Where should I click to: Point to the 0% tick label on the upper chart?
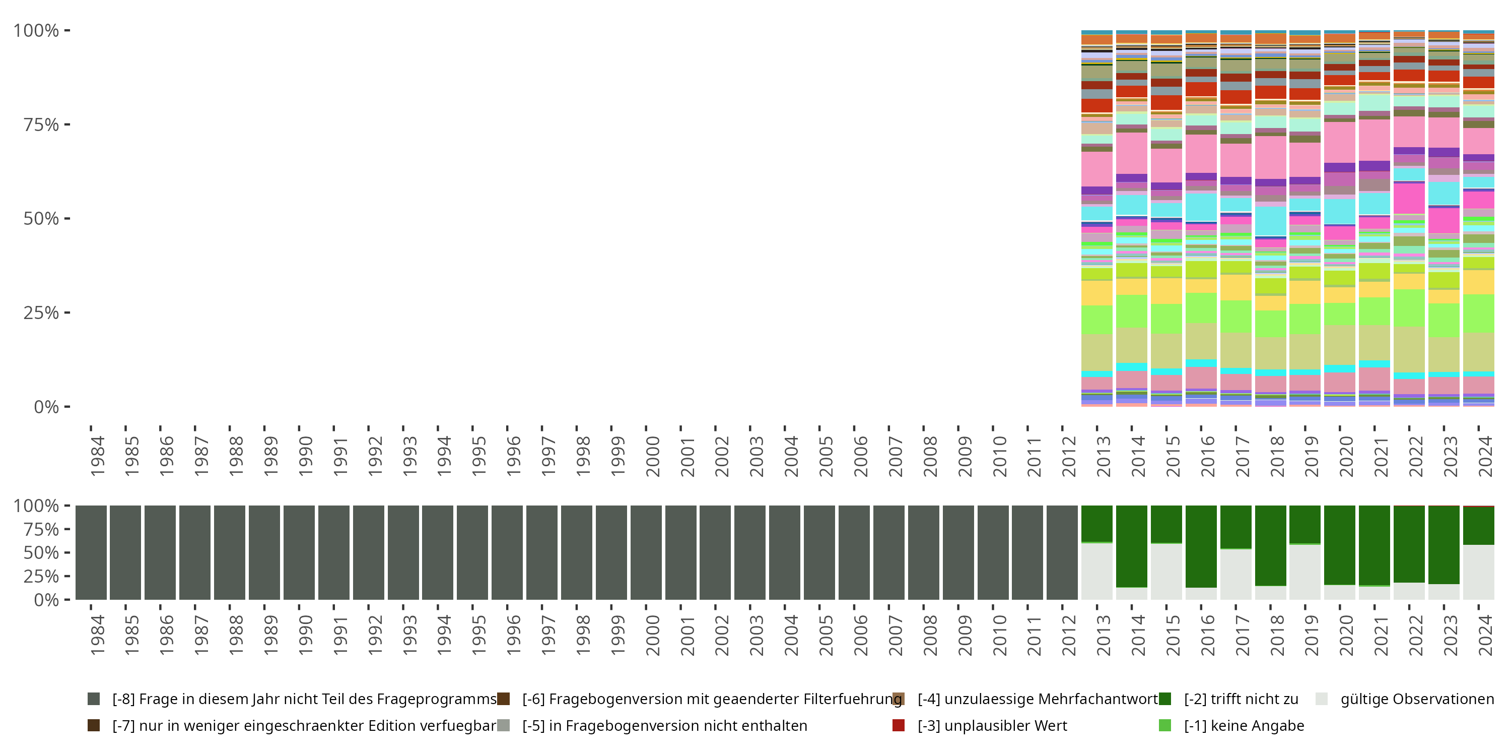(x=46, y=407)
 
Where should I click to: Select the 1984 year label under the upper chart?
(x=97, y=456)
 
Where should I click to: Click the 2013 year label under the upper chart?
(x=1104, y=456)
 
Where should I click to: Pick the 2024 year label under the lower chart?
(x=1486, y=635)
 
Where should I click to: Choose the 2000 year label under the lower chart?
(x=652, y=635)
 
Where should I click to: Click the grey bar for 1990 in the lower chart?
(x=299, y=552)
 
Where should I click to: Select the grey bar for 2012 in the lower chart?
(x=1062, y=552)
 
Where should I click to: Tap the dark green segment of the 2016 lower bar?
(x=1201, y=546)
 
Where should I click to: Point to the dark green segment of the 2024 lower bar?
(x=1479, y=525)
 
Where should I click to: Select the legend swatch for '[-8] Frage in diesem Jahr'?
(x=94, y=699)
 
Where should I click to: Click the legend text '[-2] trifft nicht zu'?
(x=1241, y=699)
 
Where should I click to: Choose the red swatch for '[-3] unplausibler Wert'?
(x=899, y=725)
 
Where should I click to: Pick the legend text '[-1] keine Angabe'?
(x=1244, y=725)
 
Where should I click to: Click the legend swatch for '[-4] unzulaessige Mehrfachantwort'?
(x=899, y=699)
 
